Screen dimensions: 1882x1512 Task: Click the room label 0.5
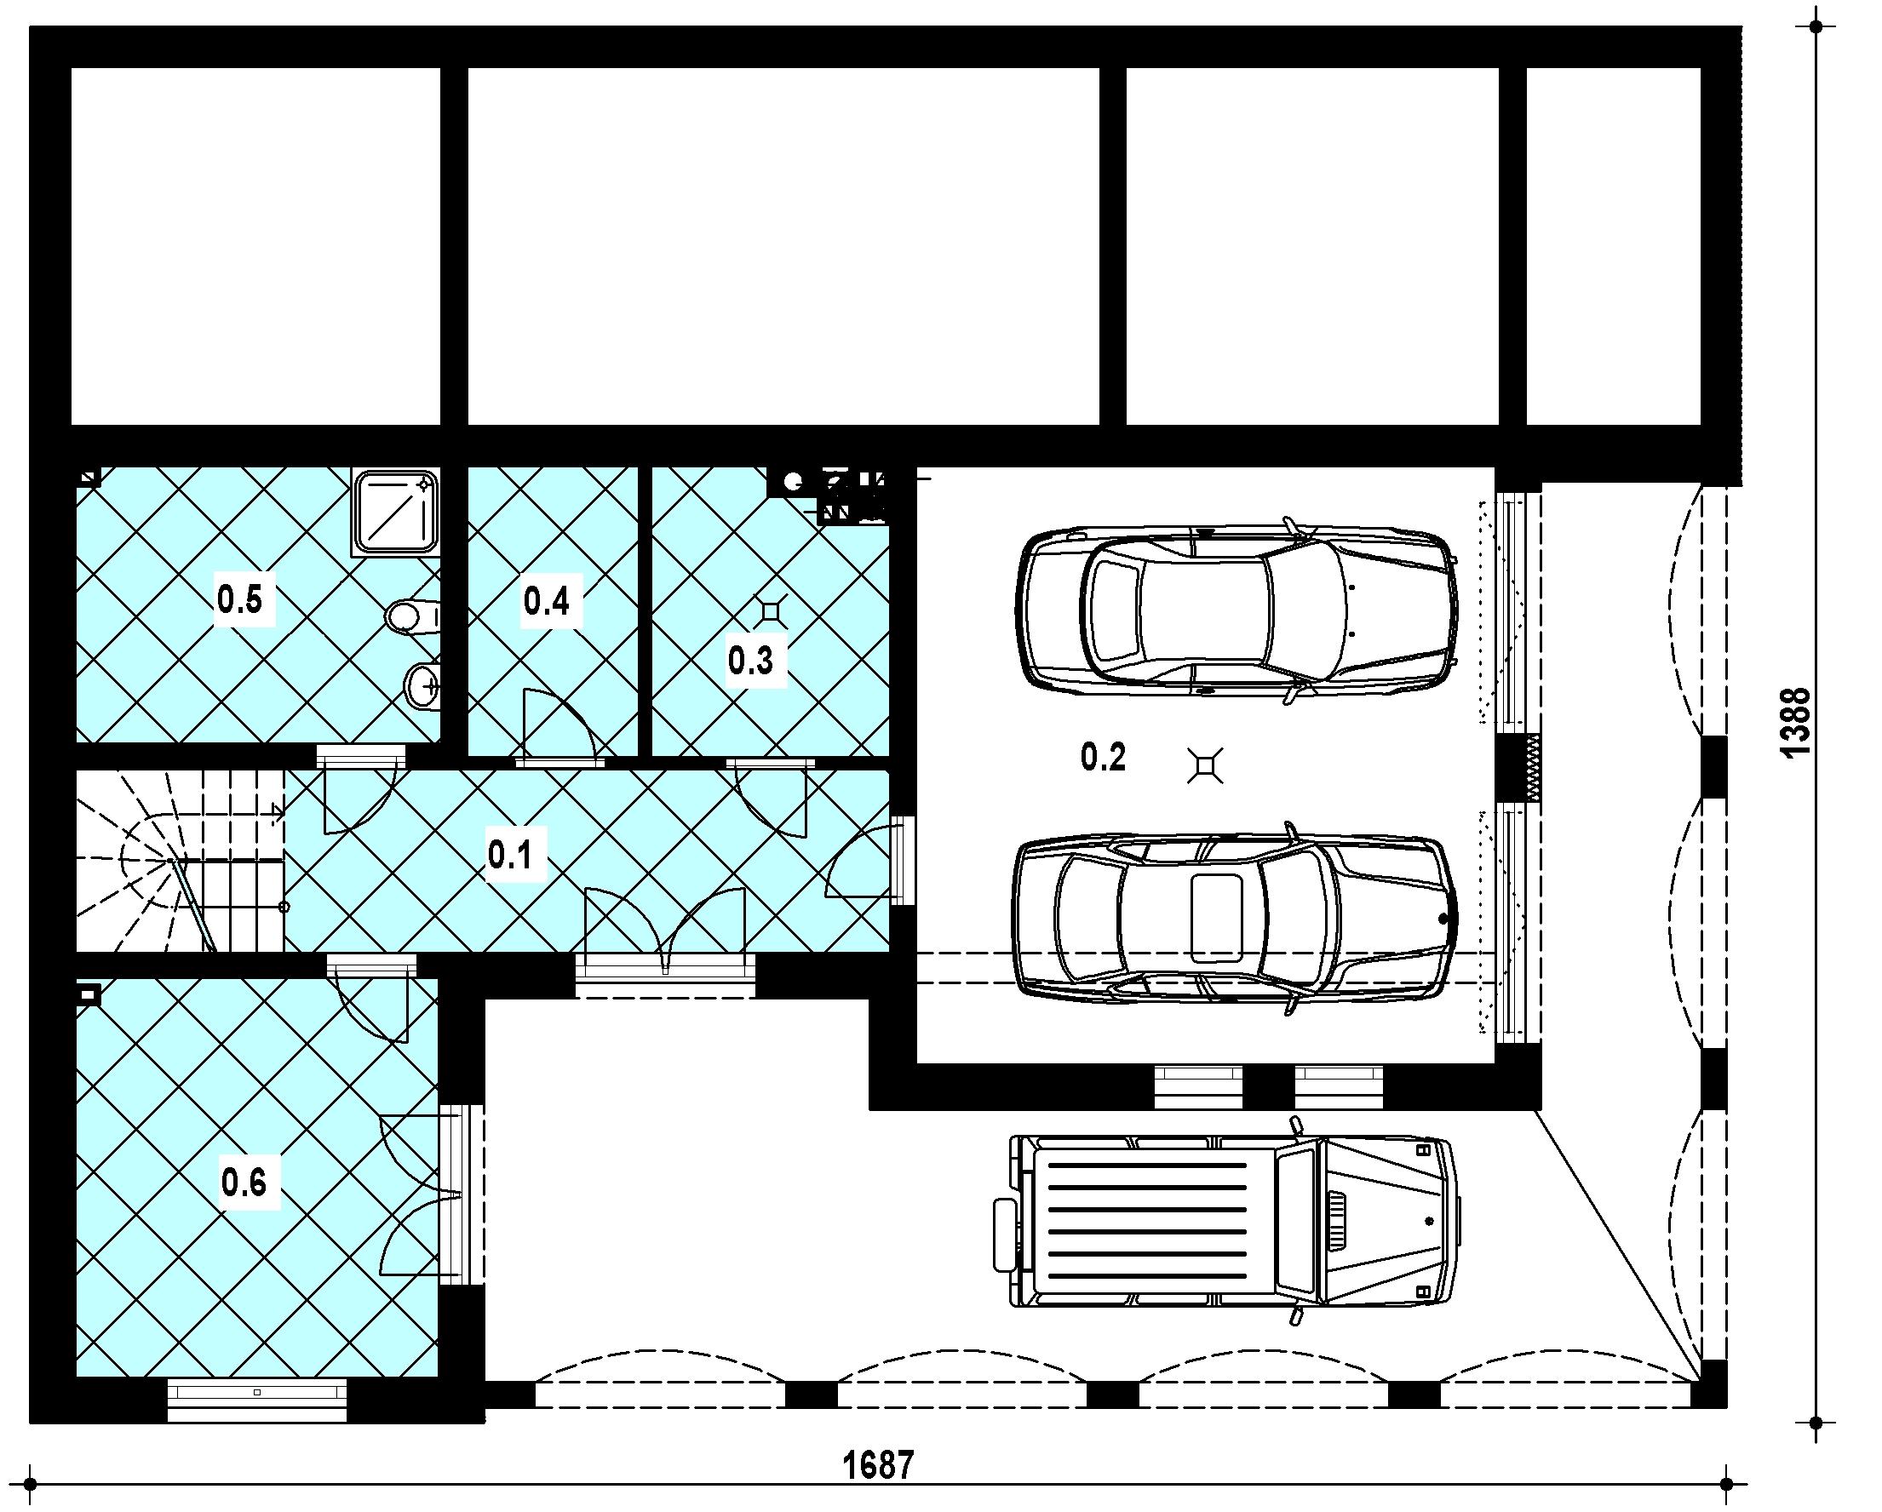click(x=240, y=600)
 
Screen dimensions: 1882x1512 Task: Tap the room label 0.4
click(x=547, y=600)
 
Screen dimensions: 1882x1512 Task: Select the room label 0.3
click(x=751, y=661)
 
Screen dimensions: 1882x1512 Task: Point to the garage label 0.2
click(x=1103, y=757)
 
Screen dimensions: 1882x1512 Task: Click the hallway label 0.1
click(x=510, y=855)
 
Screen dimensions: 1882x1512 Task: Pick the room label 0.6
click(x=244, y=1183)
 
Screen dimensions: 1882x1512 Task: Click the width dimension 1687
click(x=879, y=1465)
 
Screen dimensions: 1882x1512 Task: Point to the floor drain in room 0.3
click(x=771, y=610)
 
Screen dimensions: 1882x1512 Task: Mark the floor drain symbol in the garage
click(x=1206, y=765)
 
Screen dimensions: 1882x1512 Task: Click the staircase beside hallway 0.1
click(x=180, y=860)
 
